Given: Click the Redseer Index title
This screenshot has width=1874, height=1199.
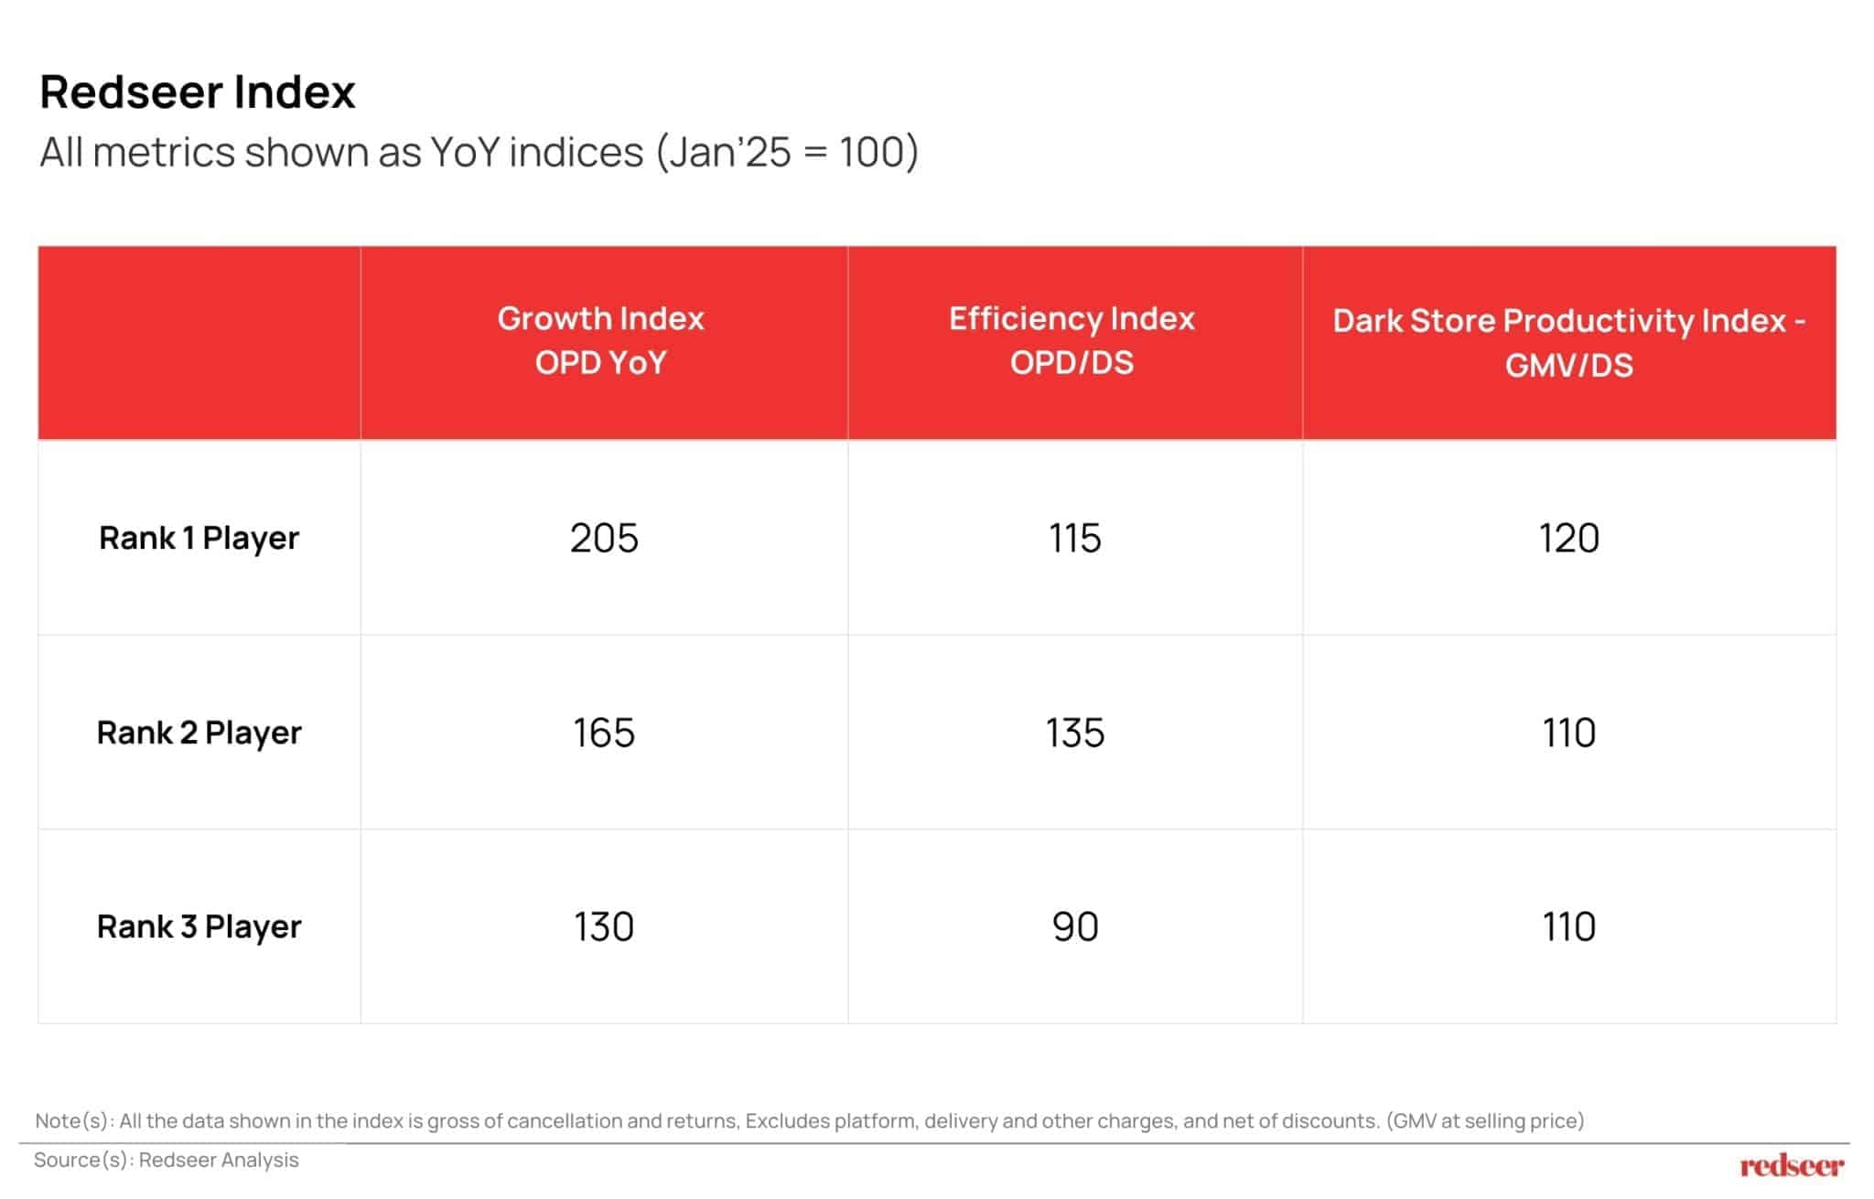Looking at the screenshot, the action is pyautogui.click(x=197, y=92).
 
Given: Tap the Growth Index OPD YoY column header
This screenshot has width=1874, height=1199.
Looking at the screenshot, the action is pyautogui.click(x=601, y=340).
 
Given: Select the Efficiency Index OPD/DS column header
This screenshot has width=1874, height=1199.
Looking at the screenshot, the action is pyautogui.click(x=1072, y=340).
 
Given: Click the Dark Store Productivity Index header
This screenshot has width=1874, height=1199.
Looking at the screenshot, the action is pyautogui.click(x=1568, y=343).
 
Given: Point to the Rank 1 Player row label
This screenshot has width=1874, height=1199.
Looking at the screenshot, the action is pyautogui.click(x=199, y=538).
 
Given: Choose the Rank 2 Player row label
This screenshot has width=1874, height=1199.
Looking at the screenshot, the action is pyautogui.click(x=199, y=733).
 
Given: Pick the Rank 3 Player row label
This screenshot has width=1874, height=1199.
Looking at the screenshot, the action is pyautogui.click(x=199, y=926).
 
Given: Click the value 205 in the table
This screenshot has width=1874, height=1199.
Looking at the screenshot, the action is pyautogui.click(x=604, y=538).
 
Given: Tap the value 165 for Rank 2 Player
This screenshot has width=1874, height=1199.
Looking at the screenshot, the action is pyautogui.click(x=604, y=733).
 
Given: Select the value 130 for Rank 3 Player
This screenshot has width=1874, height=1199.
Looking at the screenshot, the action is pyautogui.click(x=604, y=926).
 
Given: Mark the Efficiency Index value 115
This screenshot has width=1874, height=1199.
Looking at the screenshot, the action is pyautogui.click(x=1074, y=538).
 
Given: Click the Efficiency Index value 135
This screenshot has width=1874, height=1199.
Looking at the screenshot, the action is pyautogui.click(x=1074, y=733).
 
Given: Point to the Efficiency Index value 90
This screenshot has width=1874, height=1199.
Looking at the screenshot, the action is pyautogui.click(x=1074, y=926).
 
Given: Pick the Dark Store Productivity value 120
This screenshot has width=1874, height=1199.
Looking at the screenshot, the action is pyautogui.click(x=1568, y=538).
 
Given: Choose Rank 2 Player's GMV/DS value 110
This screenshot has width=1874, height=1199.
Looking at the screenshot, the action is pyautogui.click(x=1568, y=733).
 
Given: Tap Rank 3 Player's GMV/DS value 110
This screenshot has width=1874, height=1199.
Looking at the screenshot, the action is pyautogui.click(x=1568, y=926).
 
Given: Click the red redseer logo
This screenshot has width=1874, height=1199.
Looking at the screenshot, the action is pyautogui.click(x=1792, y=1165).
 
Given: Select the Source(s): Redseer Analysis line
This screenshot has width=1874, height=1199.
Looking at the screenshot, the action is pyautogui.click(x=167, y=1160).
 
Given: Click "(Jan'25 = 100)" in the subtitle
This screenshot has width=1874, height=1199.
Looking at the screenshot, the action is pyautogui.click(x=787, y=152).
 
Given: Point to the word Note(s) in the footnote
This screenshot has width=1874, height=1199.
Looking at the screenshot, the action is pyautogui.click(x=75, y=1120).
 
